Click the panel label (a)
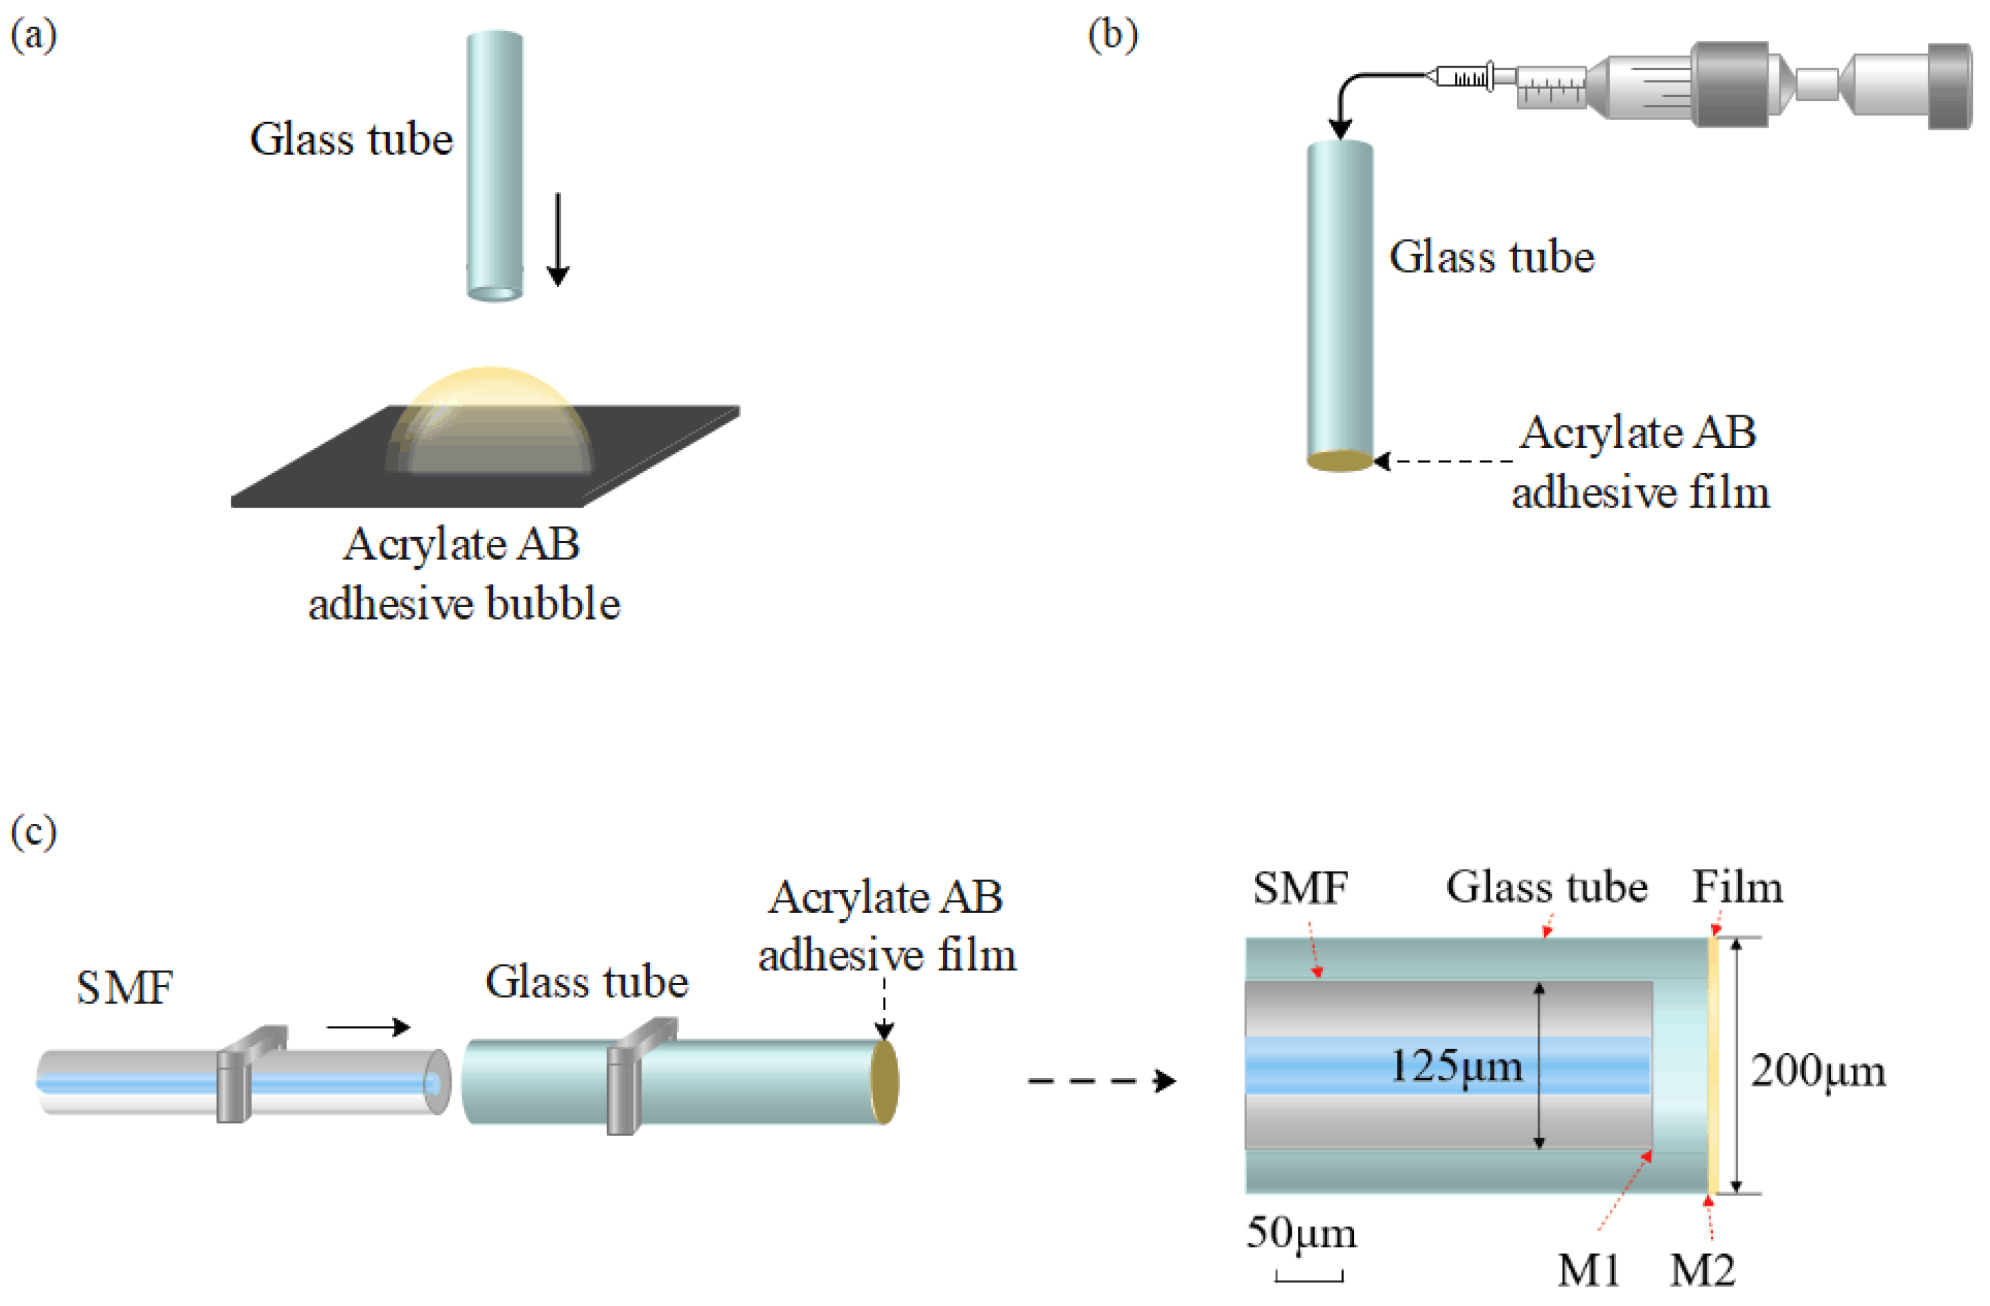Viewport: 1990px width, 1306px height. pyautogui.click(x=33, y=36)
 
